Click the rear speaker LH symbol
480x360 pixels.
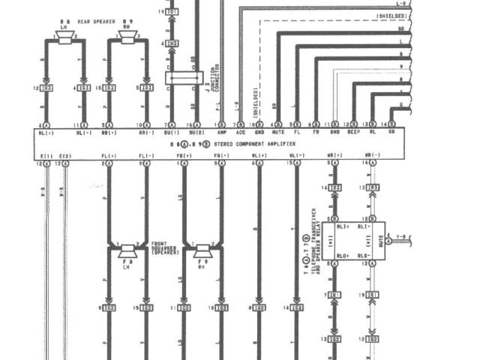64,39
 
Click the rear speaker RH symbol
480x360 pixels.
127,39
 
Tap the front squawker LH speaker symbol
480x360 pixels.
127,250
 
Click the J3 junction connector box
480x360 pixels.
184,78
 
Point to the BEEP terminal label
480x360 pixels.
353,133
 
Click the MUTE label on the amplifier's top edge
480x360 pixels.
278,133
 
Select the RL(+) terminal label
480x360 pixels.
46,133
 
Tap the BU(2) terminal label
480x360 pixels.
194,133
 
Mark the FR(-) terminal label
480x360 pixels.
221,156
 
